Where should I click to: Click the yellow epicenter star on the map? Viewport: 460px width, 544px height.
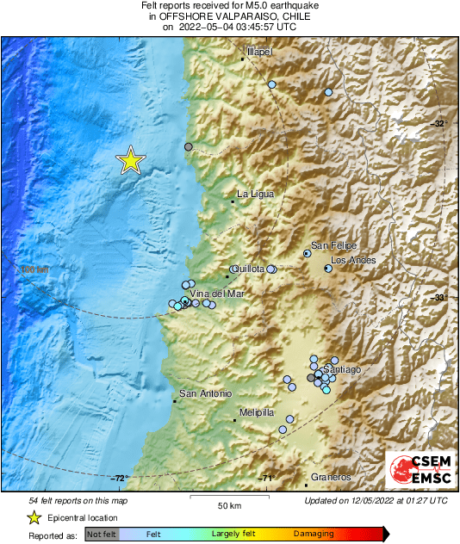coord(130,161)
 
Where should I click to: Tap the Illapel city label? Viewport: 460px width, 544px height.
coord(259,53)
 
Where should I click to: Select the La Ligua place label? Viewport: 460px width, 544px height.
coord(256,194)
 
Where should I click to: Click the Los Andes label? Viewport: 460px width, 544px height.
coord(353,260)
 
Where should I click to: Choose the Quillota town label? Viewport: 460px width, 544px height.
coord(247,269)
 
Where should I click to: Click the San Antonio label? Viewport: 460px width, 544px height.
coord(205,394)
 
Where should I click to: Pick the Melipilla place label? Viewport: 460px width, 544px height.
coord(256,412)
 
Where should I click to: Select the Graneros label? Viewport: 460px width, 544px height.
coord(332,477)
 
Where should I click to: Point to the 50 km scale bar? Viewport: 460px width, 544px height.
coord(228,498)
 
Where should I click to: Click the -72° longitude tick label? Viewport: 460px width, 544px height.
coord(119,479)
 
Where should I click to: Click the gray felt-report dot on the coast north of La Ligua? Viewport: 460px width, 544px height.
coord(189,147)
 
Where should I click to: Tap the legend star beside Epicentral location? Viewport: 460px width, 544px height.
coord(34,517)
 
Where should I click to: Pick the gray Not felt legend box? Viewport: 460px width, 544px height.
coord(101,534)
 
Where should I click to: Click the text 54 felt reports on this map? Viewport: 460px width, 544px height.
coord(78,500)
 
